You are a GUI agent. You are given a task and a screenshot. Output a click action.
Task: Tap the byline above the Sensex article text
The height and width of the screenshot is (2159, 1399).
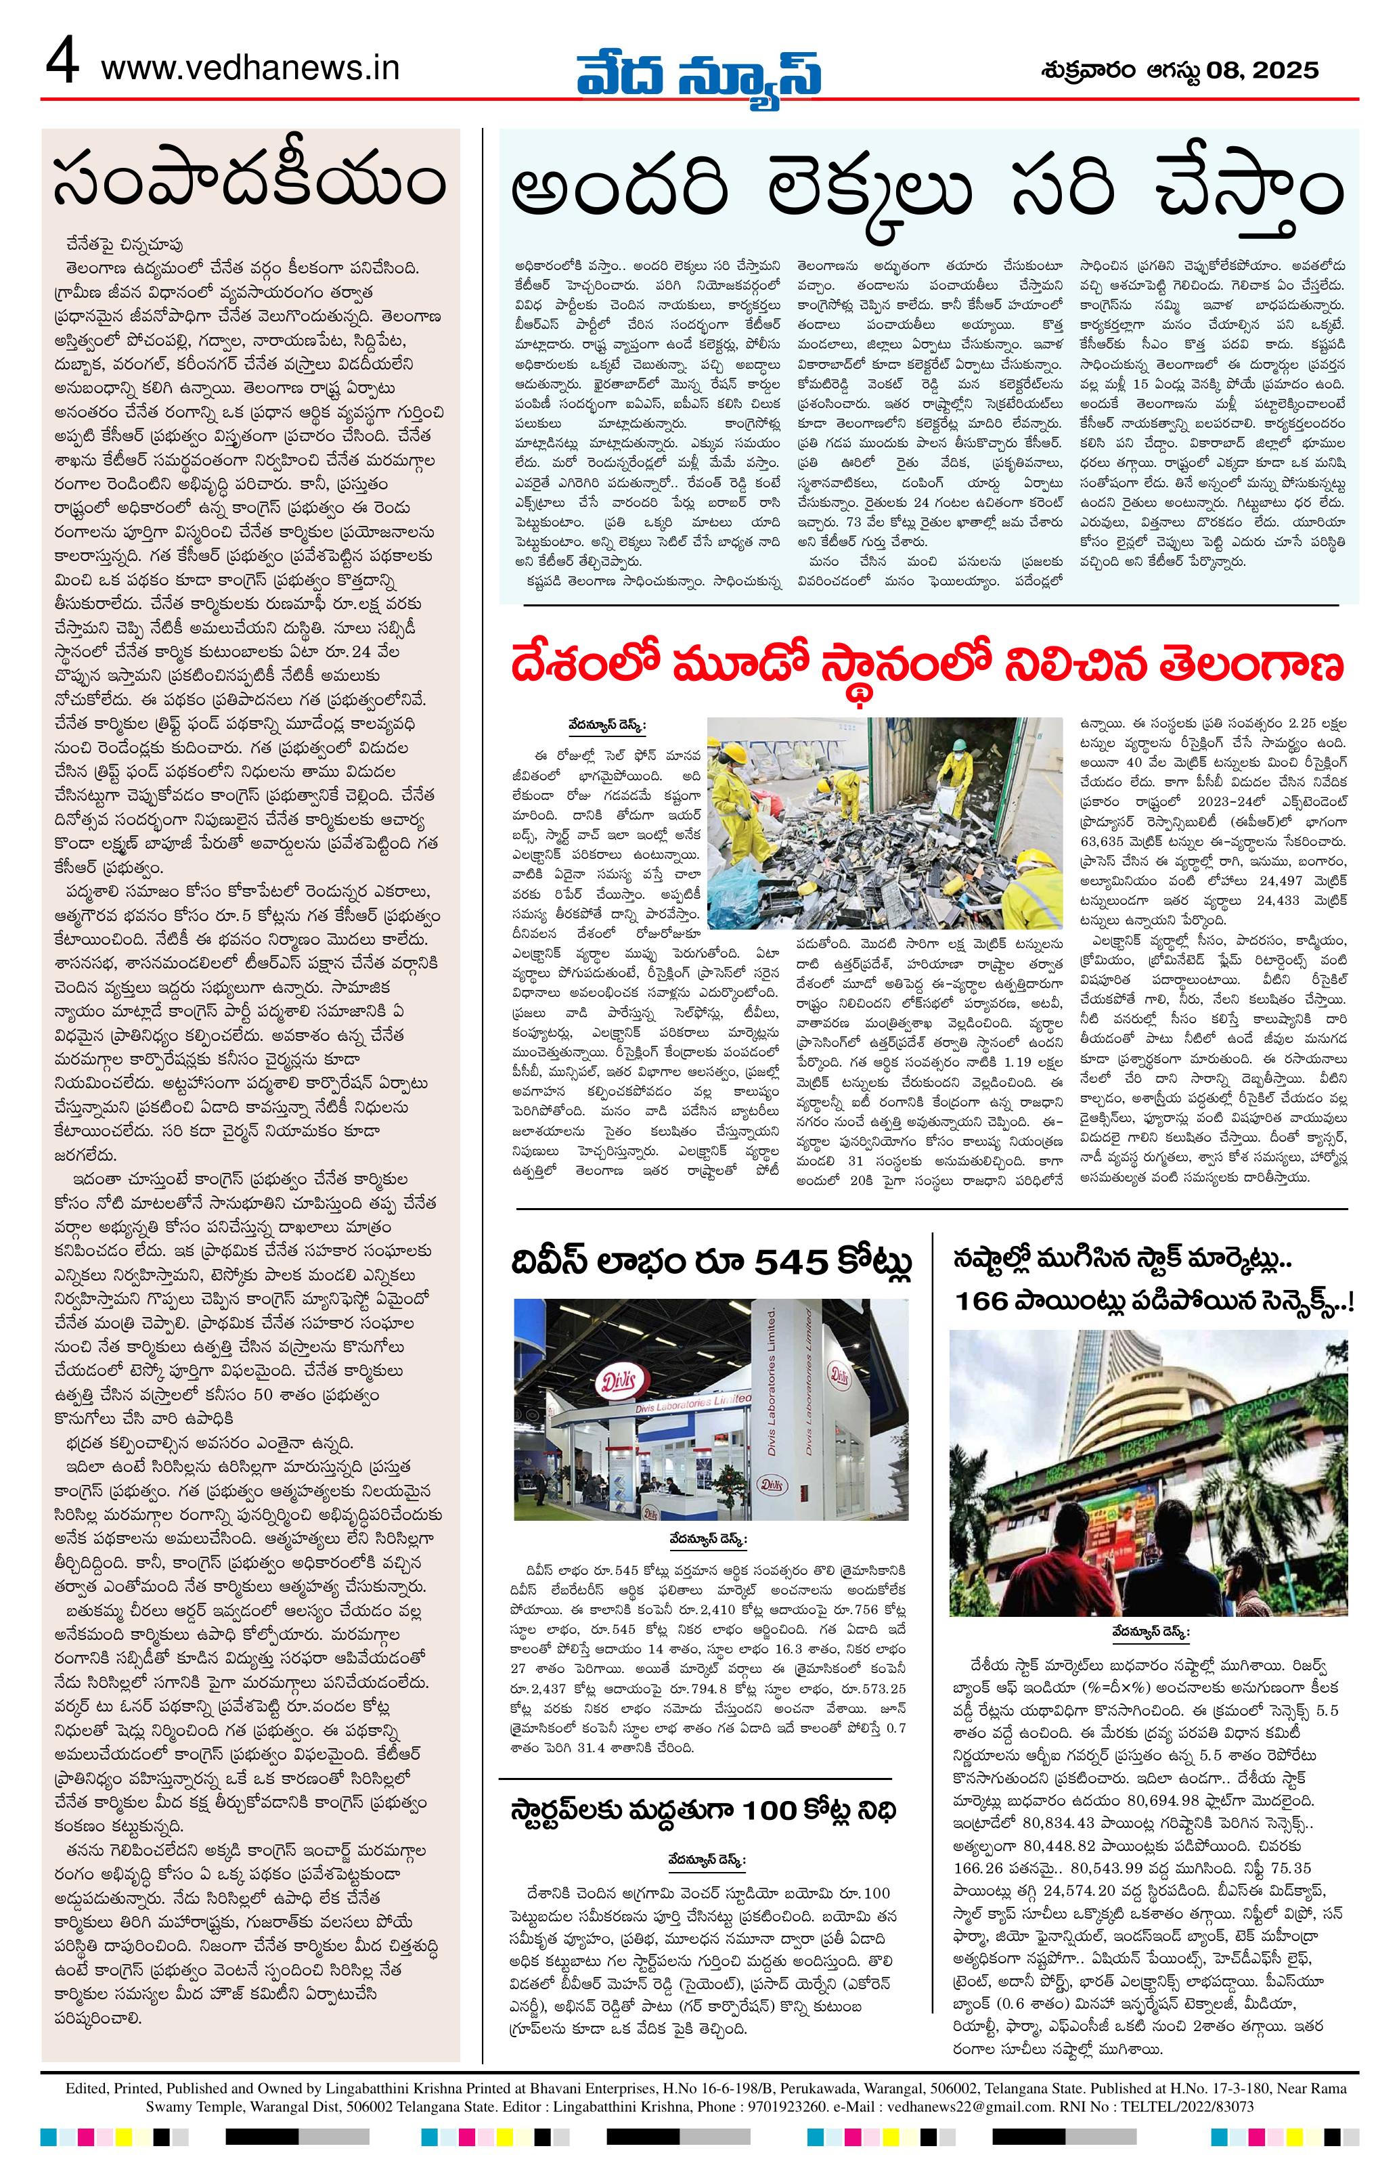[1149, 1631]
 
